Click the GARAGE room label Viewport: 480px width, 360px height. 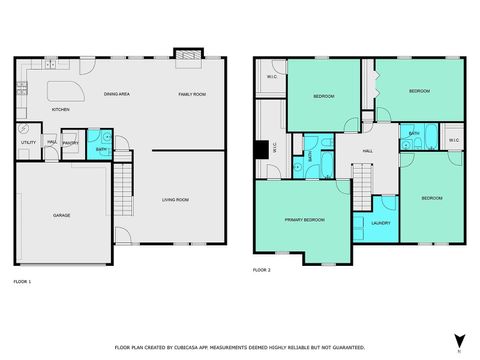tap(61, 215)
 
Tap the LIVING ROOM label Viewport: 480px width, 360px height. tap(176, 200)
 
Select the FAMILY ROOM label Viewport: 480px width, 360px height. tap(192, 94)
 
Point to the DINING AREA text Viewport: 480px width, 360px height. tap(117, 94)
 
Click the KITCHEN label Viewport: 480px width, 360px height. tap(60, 109)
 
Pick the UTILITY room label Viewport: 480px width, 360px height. tap(28, 143)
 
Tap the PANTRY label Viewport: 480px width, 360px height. tap(70, 143)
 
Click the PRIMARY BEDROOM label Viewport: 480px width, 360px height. tap(304, 219)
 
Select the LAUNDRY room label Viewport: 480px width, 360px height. tap(380, 223)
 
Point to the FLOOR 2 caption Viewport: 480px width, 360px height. tap(261, 270)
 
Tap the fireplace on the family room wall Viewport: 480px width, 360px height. tap(186, 53)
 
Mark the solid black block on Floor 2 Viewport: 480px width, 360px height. tap(262, 150)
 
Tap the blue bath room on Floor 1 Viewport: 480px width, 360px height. tap(100, 142)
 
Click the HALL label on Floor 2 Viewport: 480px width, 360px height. tap(367, 150)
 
